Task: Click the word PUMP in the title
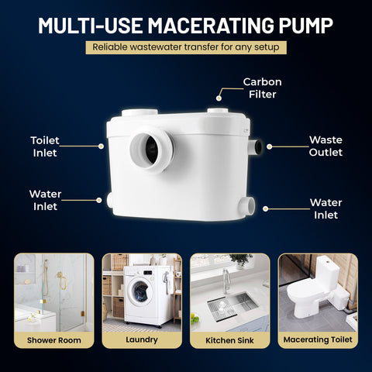[305, 26]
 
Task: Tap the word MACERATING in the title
[211, 26]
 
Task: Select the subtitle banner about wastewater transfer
[186, 47]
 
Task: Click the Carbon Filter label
[263, 88]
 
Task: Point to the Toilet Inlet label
[45, 146]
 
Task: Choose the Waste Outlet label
[325, 146]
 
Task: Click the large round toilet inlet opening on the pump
[152, 150]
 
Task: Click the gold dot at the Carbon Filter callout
[219, 98]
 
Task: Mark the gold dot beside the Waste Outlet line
[269, 146]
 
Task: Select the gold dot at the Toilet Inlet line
[101, 146]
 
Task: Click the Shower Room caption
[54, 340]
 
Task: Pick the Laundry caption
[142, 339]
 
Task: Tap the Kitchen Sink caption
[229, 340]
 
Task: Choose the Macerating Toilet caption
[318, 339]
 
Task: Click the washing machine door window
[139, 291]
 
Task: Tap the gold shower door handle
[62, 281]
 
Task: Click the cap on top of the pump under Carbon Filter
[218, 111]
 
